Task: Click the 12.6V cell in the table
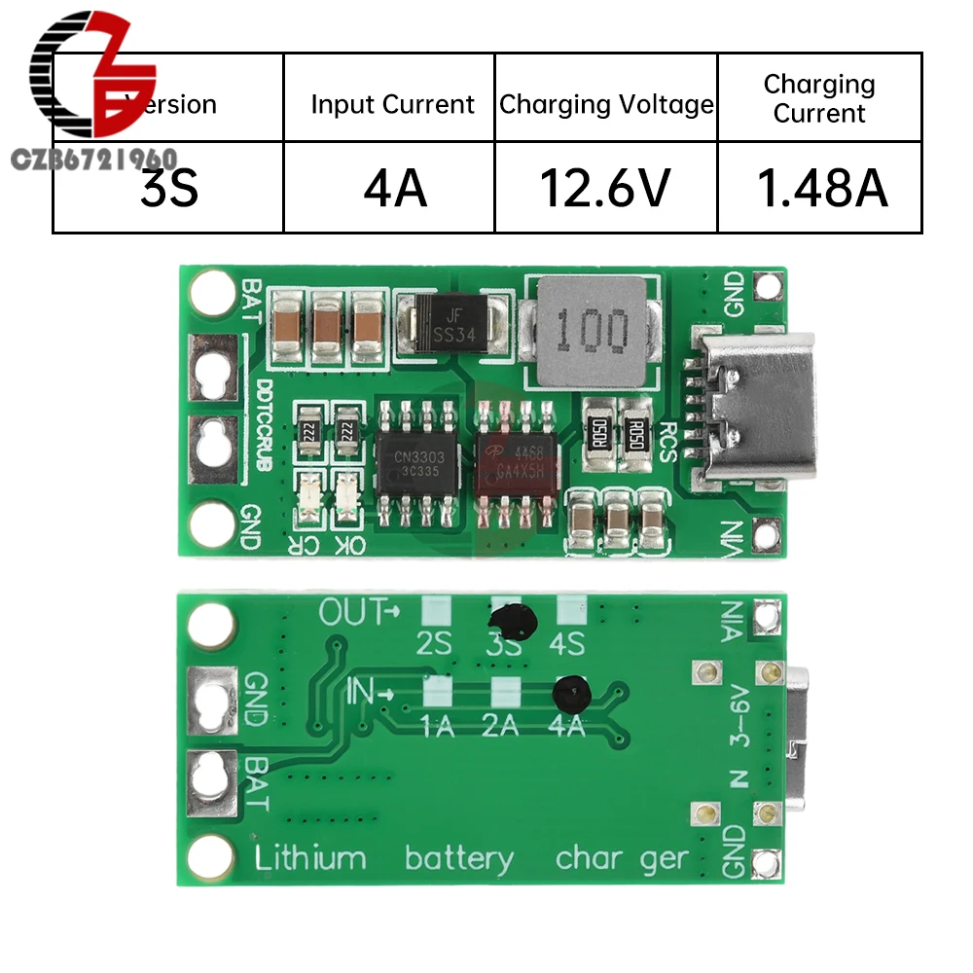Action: [605, 188]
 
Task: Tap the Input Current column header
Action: [392, 104]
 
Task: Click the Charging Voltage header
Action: [605, 104]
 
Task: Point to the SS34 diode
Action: [452, 324]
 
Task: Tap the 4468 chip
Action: [517, 461]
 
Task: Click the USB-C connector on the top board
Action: [754, 410]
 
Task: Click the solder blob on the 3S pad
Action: [510, 621]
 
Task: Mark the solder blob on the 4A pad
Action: [571, 692]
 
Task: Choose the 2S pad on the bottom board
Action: [435, 611]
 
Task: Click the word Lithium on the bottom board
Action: [310, 858]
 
